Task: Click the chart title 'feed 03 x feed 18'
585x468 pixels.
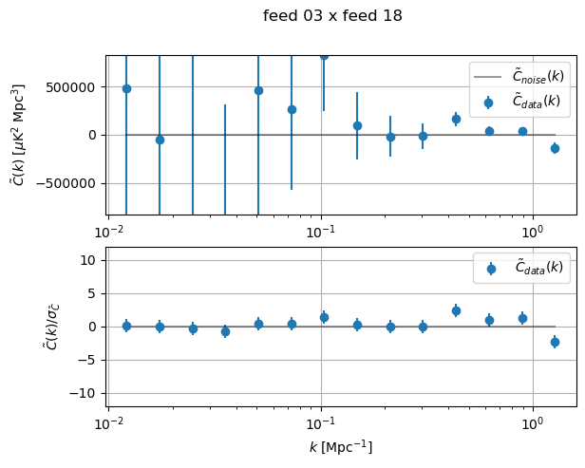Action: click(332, 16)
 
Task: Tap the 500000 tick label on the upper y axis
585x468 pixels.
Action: click(75, 87)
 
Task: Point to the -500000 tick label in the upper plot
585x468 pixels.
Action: click(72, 183)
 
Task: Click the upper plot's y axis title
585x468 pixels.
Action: click(18, 135)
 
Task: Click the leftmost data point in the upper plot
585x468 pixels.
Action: click(126, 88)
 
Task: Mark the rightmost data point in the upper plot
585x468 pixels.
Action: click(555, 148)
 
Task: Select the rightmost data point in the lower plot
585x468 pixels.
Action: click(555, 342)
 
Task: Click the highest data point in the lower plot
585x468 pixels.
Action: click(456, 310)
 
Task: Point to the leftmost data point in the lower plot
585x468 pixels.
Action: click(126, 326)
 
